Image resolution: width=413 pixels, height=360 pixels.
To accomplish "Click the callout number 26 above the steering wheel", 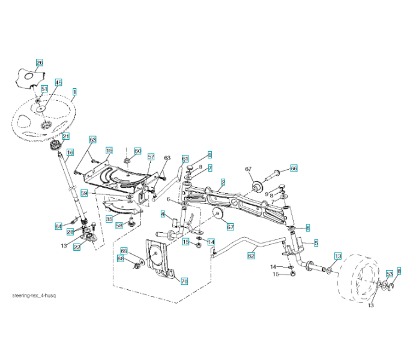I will coord(40,62).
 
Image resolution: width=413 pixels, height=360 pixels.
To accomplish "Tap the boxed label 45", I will coord(58,82).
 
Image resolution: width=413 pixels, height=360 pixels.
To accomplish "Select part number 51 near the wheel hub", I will coord(44,89).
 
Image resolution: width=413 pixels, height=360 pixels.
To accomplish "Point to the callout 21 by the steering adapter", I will coord(65,136).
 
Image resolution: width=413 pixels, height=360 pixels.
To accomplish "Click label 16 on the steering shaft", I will coord(70,152).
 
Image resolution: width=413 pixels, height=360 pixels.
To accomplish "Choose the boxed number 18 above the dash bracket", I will coord(109,150).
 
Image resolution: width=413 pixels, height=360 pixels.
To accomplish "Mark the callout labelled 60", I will coord(137,151).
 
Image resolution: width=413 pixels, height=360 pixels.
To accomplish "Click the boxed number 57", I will coord(151,157).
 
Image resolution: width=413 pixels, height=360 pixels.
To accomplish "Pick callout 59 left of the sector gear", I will coord(85,193).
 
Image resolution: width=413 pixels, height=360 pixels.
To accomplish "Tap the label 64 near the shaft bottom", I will coord(58,226).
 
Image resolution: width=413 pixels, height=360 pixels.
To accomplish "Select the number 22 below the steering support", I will coord(76,247).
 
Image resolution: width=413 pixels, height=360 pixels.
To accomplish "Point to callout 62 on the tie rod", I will coord(251,255).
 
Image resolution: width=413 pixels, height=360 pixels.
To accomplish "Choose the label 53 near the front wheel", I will coord(389,274).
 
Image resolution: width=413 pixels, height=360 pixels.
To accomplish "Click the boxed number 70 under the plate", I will coord(184,280).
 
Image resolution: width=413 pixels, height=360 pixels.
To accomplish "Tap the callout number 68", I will coord(121,259).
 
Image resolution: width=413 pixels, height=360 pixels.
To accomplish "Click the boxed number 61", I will coord(185,158).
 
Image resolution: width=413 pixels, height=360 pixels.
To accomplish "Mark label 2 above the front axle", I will coord(223,181).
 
